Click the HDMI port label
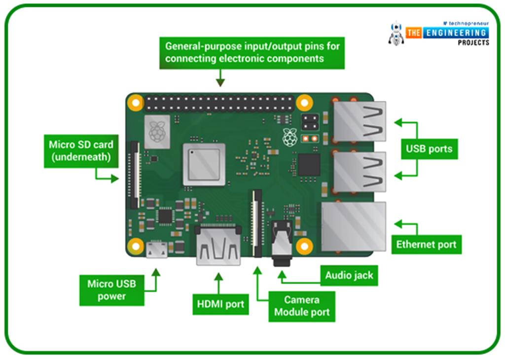tap(220, 304)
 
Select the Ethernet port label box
tap(426, 244)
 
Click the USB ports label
tap(429, 148)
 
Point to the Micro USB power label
tap(111, 290)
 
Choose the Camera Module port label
tap(302, 306)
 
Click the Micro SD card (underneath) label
tap(80, 151)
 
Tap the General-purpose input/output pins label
tap(252, 52)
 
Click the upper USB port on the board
tap(360, 121)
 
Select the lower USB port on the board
tap(360, 172)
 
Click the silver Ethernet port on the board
tap(354, 226)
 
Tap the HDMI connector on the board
tap(218, 245)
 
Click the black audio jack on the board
tap(282, 243)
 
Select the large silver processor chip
tap(204, 164)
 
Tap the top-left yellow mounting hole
tap(135, 103)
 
